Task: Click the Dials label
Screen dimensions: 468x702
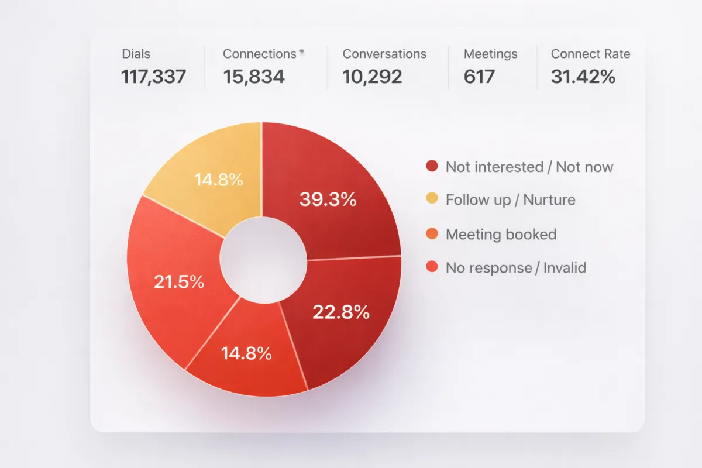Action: [136, 54]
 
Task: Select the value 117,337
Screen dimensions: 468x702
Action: [153, 77]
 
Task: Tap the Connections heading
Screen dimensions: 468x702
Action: [259, 54]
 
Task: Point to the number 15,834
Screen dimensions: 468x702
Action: [254, 77]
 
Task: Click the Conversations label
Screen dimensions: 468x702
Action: [384, 54]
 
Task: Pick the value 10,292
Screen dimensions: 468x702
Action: [372, 77]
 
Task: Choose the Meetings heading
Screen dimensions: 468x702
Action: [490, 54]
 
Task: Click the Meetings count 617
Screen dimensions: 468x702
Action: [479, 77]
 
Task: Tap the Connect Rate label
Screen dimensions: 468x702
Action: [590, 54]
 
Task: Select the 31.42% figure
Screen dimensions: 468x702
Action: [583, 77]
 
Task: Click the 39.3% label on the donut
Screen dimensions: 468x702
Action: [328, 199]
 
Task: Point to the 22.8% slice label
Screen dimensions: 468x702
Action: [340, 312]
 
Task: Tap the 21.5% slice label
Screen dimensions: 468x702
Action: [179, 282]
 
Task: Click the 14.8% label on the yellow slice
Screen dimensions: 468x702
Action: [219, 180]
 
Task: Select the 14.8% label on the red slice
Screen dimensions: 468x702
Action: [246, 353]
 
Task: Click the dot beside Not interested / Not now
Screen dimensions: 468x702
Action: [432, 167]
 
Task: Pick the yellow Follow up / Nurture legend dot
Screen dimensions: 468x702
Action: [432, 199]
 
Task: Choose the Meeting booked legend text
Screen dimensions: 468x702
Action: [501, 235]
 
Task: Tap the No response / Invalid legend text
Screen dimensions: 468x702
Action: [515, 268]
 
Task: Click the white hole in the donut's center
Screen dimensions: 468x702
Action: [263, 260]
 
